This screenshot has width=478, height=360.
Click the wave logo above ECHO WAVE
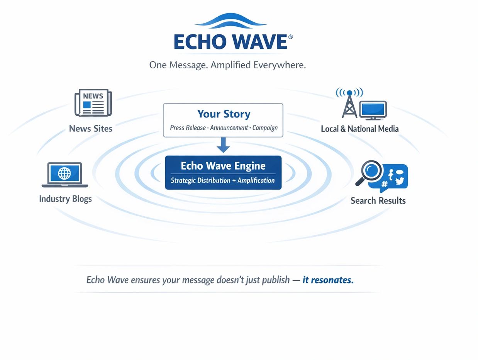[x=231, y=21]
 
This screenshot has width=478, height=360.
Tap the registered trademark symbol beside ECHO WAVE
[x=290, y=37]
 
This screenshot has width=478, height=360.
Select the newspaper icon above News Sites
[x=93, y=103]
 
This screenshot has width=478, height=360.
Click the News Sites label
[x=91, y=129]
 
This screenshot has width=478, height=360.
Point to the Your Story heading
[x=224, y=114]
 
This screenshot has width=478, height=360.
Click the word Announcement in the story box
[x=229, y=127]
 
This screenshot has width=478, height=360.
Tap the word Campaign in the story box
[x=265, y=128]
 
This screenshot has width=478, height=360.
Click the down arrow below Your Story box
[x=223, y=145]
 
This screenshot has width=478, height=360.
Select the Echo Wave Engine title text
[x=223, y=166]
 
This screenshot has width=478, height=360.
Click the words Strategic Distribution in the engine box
[x=200, y=180]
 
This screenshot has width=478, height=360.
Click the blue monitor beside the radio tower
[x=373, y=110]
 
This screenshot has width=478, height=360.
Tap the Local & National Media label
[x=360, y=129]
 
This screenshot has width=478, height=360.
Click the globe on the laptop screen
[x=64, y=173]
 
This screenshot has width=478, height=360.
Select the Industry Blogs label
[x=65, y=199]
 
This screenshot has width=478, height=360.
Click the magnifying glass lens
[x=371, y=170]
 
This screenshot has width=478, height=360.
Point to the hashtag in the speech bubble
[x=384, y=184]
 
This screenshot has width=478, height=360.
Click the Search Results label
[x=378, y=200]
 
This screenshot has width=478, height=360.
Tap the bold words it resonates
[x=328, y=280]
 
